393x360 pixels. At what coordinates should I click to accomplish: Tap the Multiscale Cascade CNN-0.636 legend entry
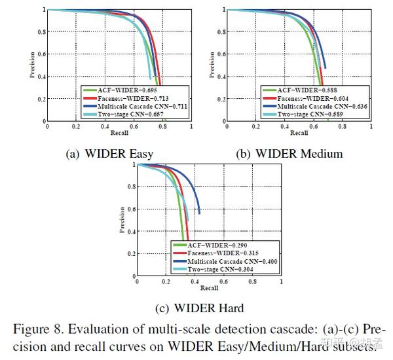click(x=312, y=107)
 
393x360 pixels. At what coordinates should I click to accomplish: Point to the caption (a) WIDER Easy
click(x=109, y=154)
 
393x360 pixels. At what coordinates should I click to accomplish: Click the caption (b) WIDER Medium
click(x=290, y=154)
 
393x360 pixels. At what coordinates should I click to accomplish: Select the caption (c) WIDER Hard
click(x=199, y=308)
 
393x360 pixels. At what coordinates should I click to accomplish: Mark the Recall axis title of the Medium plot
click(x=299, y=133)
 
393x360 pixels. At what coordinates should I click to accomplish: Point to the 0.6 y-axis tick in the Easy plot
click(x=41, y=54)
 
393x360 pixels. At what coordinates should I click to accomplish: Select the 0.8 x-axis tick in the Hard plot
click(x=252, y=281)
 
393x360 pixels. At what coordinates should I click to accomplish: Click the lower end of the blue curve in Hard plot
click(x=199, y=213)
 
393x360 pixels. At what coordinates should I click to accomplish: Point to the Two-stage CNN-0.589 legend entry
click(x=302, y=115)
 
